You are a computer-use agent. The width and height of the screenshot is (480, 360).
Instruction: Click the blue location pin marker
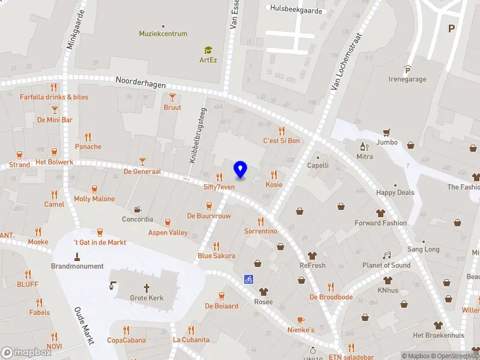(x=241, y=170)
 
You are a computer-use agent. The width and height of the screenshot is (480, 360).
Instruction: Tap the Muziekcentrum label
(x=163, y=34)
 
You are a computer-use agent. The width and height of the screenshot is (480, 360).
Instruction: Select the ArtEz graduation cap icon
(x=208, y=50)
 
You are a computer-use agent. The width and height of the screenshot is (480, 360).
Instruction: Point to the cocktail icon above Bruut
(x=172, y=97)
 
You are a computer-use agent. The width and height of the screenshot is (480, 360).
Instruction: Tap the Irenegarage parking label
(x=407, y=79)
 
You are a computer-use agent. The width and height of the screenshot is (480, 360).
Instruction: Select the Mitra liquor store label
(x=364, y=157)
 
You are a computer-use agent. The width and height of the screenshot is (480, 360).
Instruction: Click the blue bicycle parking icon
(x=248, y=279)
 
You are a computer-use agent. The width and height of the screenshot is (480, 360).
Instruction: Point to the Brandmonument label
(x=77, y=266)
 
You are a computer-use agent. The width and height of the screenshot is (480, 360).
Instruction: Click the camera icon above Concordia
(x=138, y=209)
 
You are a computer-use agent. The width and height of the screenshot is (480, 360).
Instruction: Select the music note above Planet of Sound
(x=386, y=256)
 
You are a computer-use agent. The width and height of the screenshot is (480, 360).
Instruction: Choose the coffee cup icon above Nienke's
(x=301, y=320)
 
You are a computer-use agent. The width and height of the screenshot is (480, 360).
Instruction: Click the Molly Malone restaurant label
(x=94, y=199)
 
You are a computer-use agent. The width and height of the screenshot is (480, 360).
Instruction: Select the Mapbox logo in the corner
(x=26, y=353)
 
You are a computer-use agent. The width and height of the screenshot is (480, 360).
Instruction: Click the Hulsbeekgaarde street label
(x=296, y=10)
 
